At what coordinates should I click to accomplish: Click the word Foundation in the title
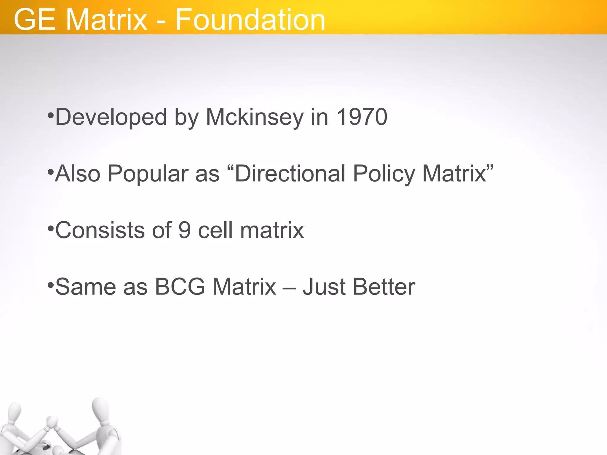tap(250, 20)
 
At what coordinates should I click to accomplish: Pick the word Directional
tap(290, 174)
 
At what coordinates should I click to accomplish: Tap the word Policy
tap(384, 174)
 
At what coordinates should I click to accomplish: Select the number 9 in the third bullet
tap(184, 230)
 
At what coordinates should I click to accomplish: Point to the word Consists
tap(100, 230)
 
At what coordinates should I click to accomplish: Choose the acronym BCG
tap(180, 287)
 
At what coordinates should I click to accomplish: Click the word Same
tap(86, 287)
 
